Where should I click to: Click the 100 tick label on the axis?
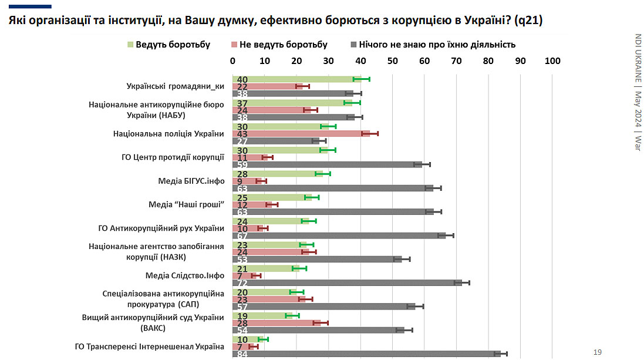pos(552,61)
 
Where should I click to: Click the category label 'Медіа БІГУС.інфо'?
pos(191,181)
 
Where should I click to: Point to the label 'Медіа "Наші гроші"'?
pos(187,205)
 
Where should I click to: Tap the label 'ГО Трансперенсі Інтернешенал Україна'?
pos(150,346)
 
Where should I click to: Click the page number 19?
pos(598,352)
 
